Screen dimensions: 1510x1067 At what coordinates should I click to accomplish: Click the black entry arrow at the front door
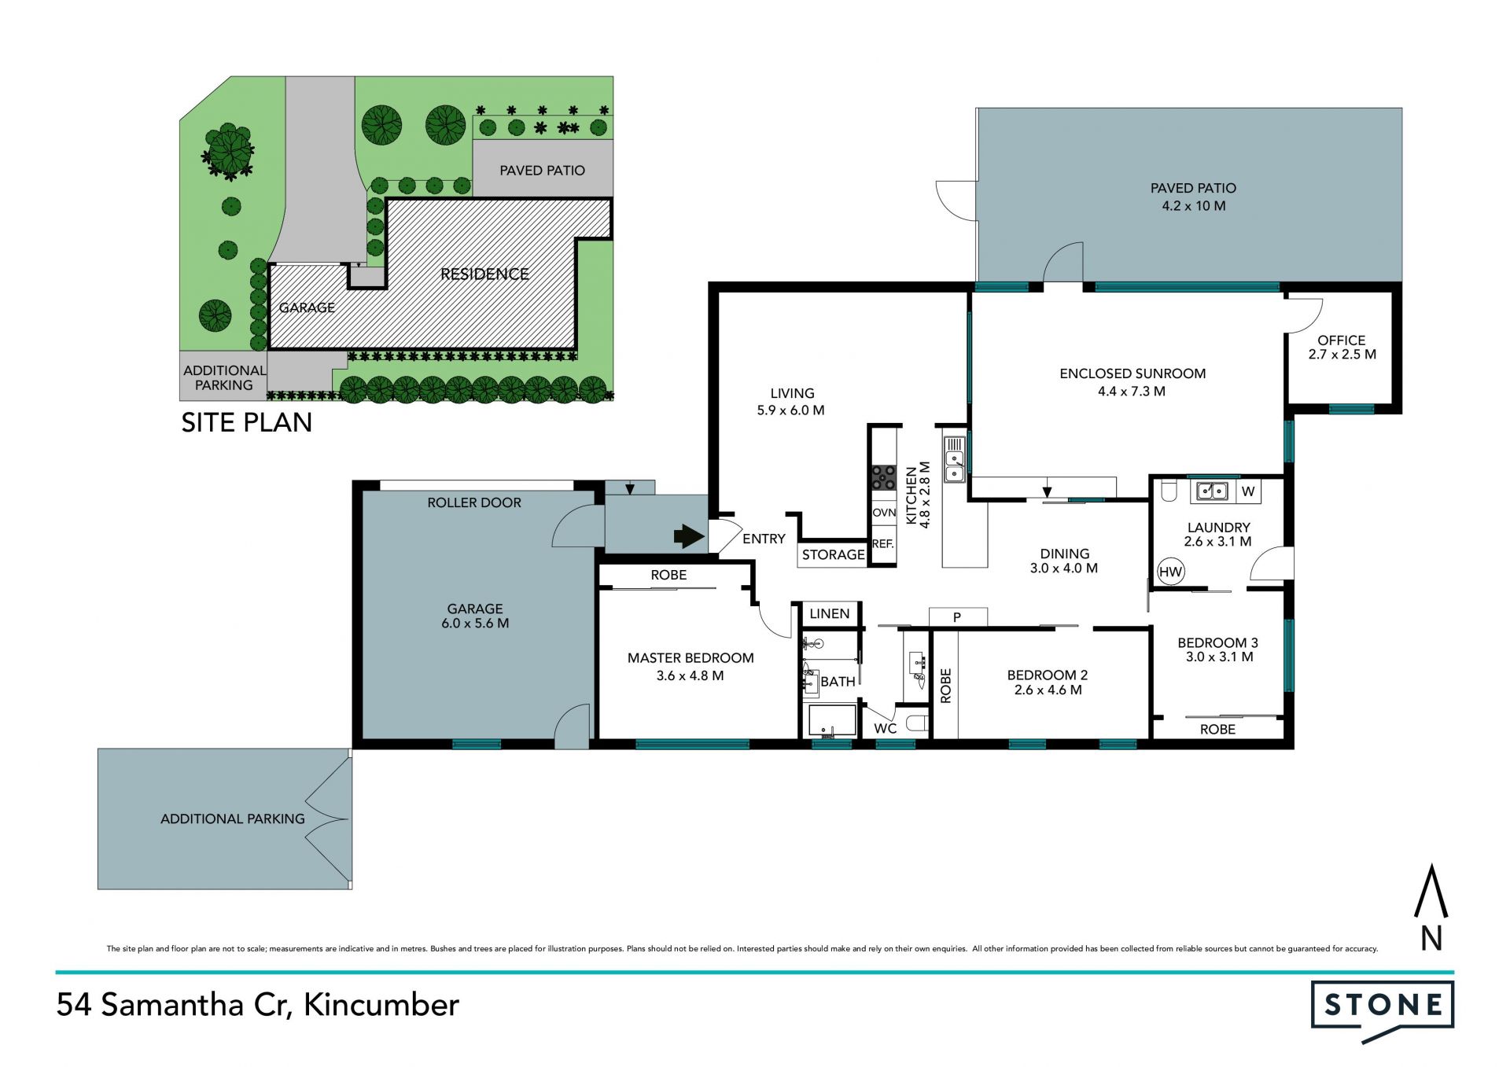[689, 536]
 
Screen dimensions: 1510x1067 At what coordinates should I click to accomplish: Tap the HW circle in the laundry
[1170, 572]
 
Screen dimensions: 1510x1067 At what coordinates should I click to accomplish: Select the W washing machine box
[1248, 491]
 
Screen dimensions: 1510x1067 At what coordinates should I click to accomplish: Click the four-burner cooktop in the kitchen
[883, 477]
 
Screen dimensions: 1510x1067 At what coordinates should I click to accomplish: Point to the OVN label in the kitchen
[884, 513]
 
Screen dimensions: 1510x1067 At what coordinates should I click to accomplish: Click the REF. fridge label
[882, 543]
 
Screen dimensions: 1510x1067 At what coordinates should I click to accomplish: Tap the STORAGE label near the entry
[833, 554]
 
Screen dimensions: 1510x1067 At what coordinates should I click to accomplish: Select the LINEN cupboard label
[829, 613]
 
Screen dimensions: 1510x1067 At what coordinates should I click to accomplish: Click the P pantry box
[957, 617]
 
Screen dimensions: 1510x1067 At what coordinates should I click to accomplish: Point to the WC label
[885, 728]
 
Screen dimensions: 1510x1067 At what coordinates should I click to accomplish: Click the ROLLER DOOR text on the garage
[474, 502]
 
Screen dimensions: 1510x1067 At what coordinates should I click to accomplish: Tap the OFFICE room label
[1342, 340]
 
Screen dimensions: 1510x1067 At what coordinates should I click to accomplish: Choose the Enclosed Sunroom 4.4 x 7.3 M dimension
[1132, 391]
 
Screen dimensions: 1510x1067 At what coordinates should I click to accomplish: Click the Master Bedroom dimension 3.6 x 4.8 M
[690, 675]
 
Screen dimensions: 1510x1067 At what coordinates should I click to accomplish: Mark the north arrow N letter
[1431, 939]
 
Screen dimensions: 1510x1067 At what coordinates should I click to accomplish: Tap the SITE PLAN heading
[246, 423]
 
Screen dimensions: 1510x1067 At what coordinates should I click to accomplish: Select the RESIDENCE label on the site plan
[484, 274]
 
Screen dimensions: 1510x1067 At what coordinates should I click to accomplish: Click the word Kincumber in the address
[381, 1005]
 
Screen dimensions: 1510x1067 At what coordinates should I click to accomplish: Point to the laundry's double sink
[1212, 491]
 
